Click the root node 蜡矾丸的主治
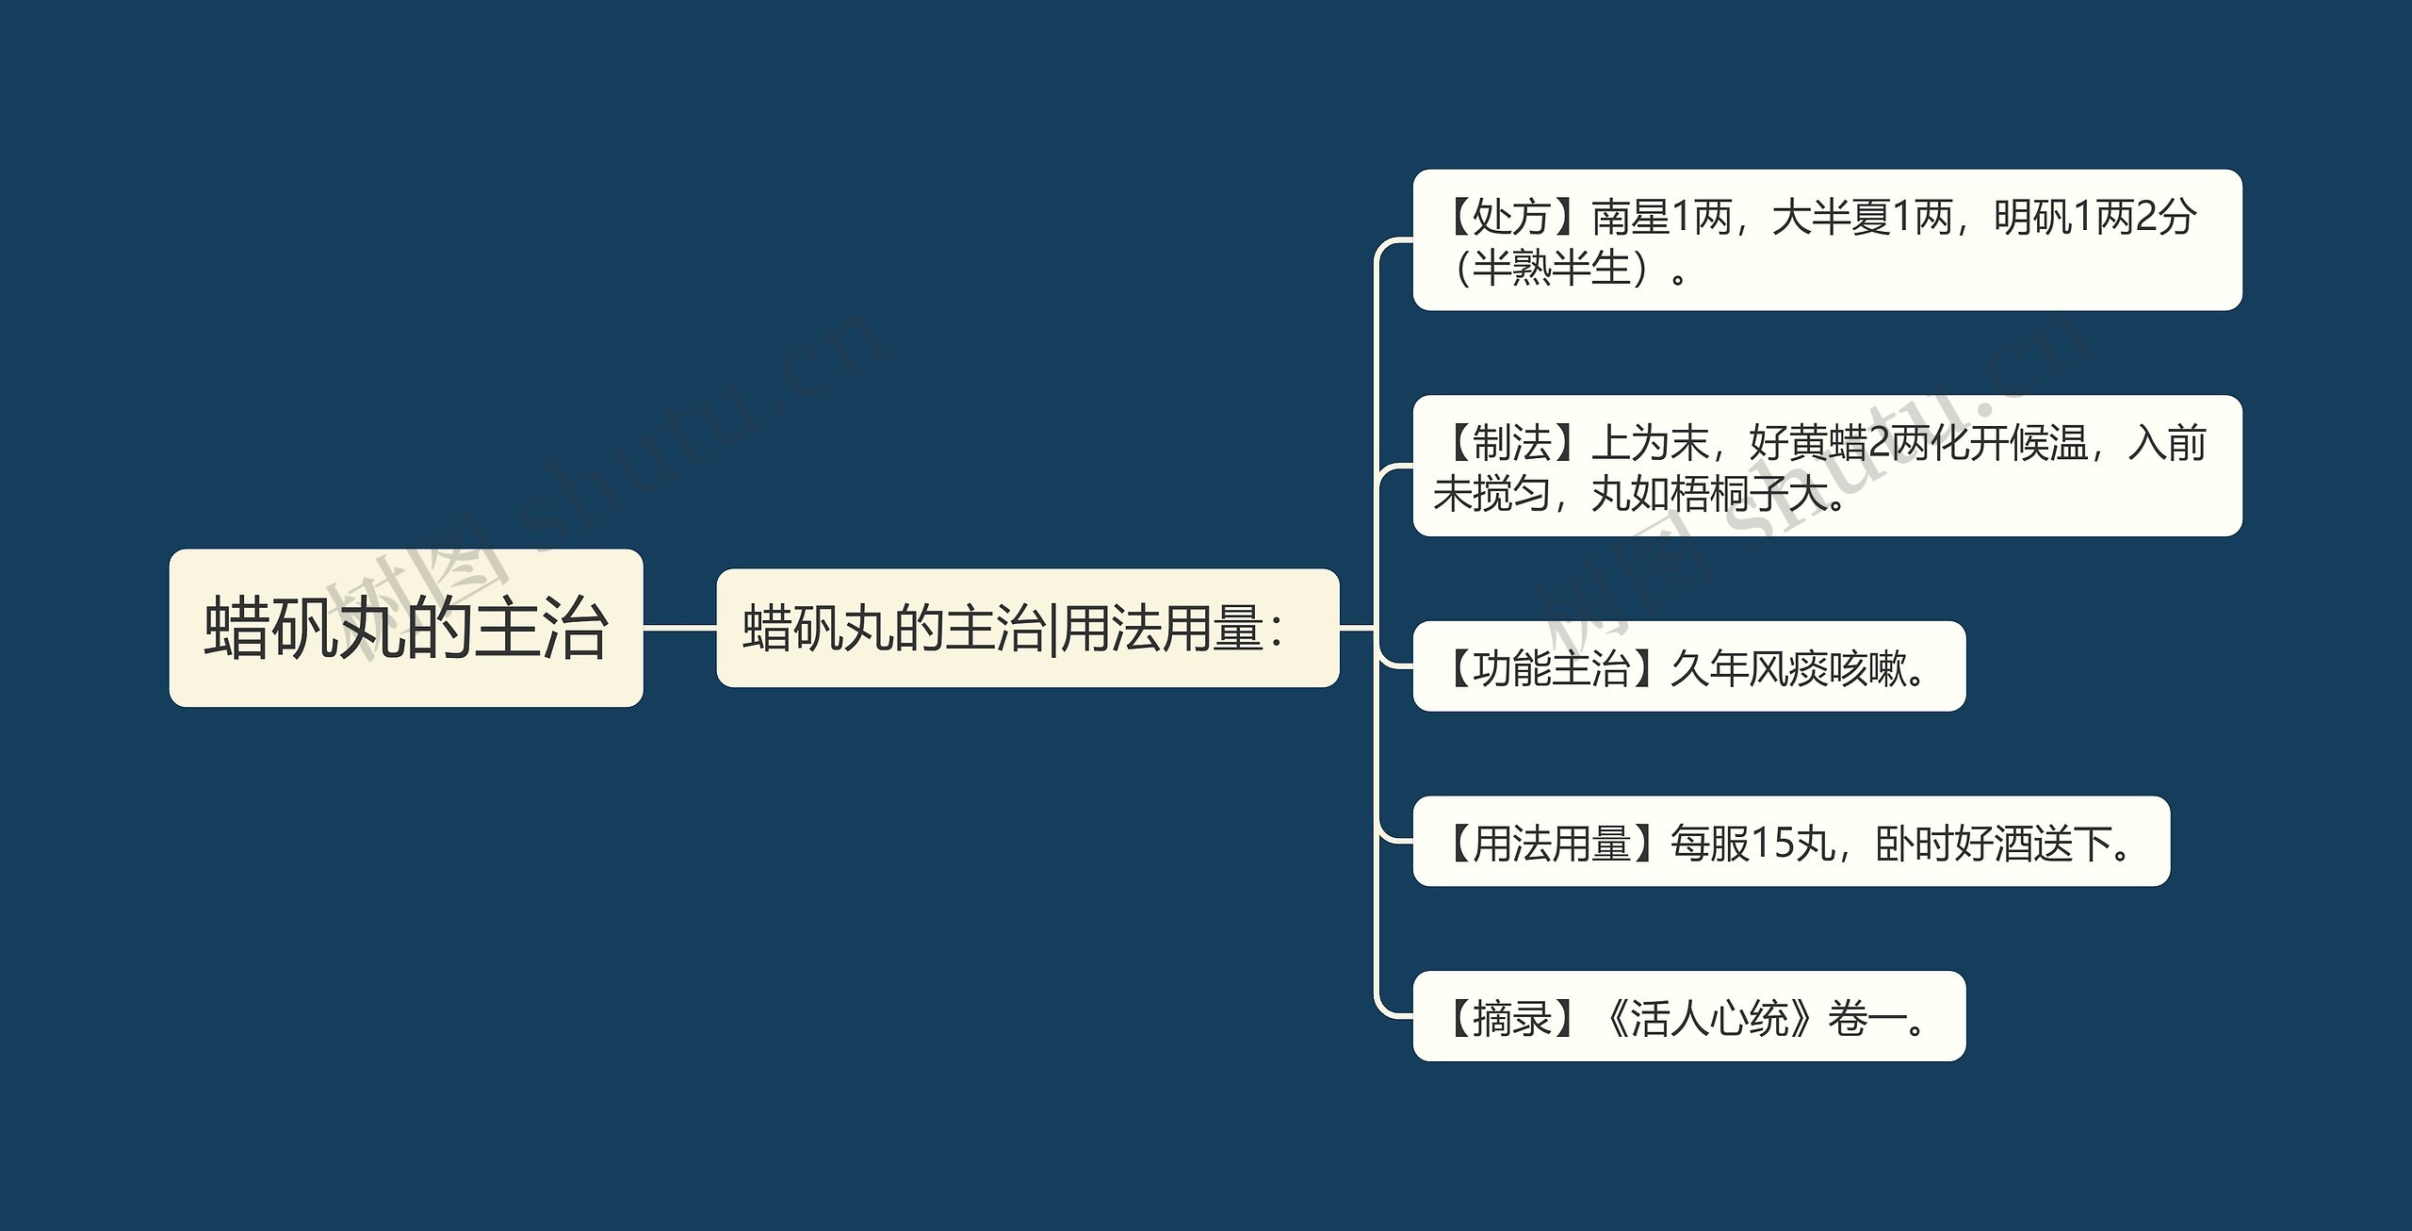(406, 628)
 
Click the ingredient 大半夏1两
(1862, 218)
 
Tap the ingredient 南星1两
(1662, 218)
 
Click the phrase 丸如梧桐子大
(1709, 494)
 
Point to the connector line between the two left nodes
(679, 628)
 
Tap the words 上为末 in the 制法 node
(1650, 443)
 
